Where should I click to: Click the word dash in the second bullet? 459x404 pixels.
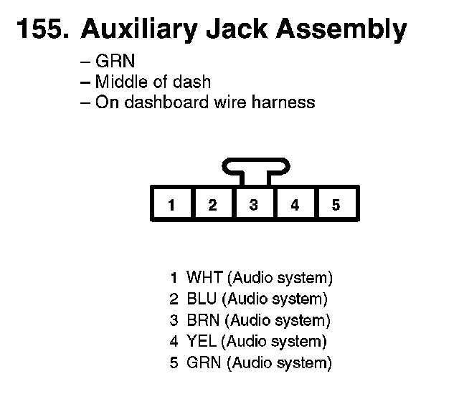(194, 82)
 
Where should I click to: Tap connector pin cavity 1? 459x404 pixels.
(171, 205)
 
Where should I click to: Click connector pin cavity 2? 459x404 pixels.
(212, 205)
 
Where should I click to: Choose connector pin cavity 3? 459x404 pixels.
(253, 205)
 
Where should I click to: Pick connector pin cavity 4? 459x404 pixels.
(295, 205)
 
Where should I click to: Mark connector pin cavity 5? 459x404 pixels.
(336, 205)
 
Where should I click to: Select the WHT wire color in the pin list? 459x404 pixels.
(204, 277)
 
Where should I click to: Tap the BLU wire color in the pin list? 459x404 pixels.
(202, 299)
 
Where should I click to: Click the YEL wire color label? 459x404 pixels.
(201, 342)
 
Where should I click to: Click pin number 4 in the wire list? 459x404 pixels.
(174, 342)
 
